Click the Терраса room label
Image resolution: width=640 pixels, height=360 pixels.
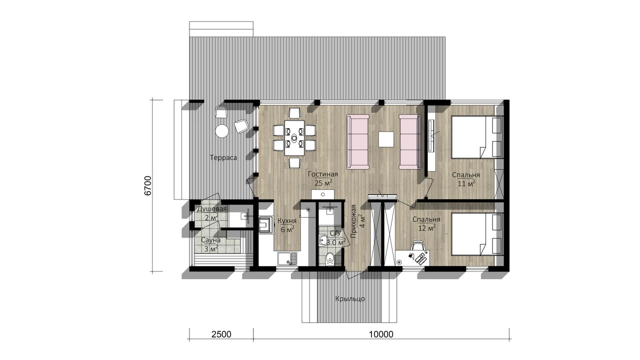pyautogui.click(x=223, y=157)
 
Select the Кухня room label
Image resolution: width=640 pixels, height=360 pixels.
pyautogui.click(x=287, y=221)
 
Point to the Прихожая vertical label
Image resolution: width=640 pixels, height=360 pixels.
pyautogui.click(x=353, y=221)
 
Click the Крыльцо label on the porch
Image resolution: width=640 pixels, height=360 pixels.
pyautogui.click(x=350, y=299)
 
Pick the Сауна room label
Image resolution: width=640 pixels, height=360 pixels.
pyautogui.click(x=211, y=240)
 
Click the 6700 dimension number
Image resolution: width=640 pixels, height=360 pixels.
pyautogui.click(x=147, y=185)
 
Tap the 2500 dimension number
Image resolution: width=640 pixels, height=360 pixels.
pyautogui.click(x=221, y=334)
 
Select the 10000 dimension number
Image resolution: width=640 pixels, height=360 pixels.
pyautogui.click(x=381, y=334)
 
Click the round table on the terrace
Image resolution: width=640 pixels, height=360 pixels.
pyautogui.click(x=221, y=131)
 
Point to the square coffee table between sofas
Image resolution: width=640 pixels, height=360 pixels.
pyautogui.click(x=386, y=139)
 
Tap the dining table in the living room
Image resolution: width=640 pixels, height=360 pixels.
pyautogui.click(x=294, y=138)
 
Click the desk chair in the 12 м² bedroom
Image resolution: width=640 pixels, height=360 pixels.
pyautogui.click(x=417, y=246)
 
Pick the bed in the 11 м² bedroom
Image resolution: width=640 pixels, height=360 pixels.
pyautogui.click(x=476, y=137)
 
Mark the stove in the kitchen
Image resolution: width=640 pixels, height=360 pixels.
pyautogui.click(x=266, y=224)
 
